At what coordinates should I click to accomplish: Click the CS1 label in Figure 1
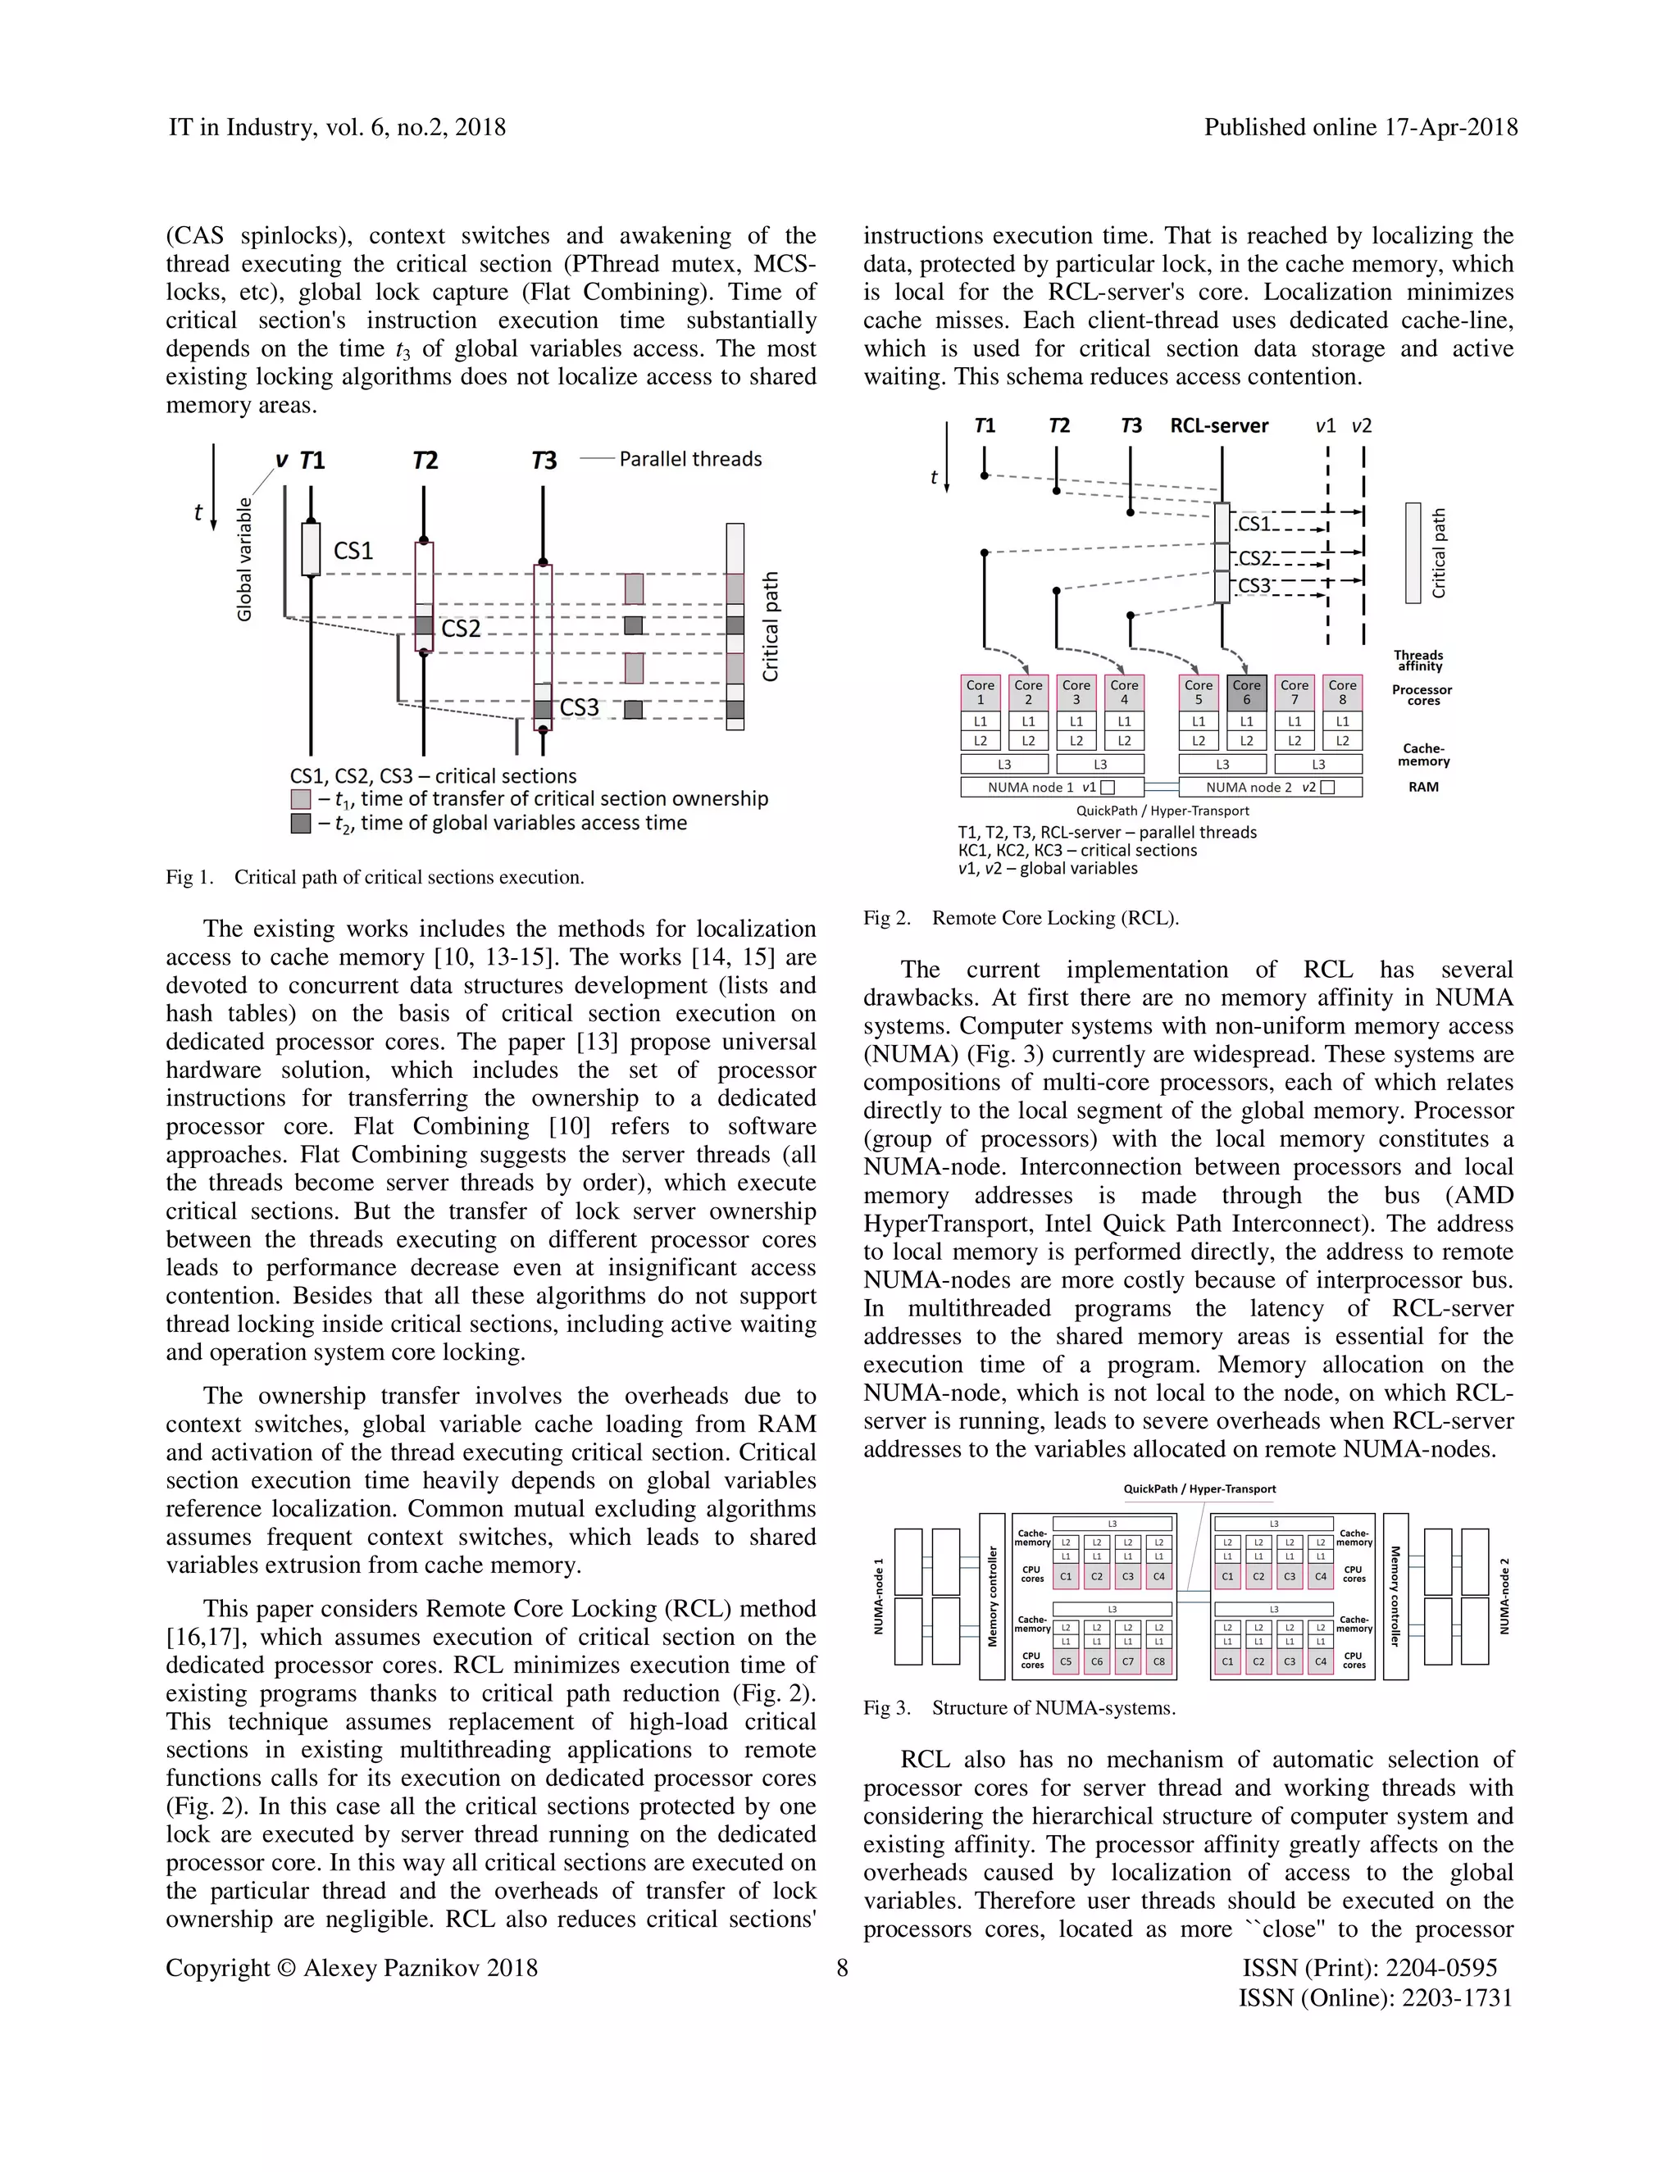coord(353,551)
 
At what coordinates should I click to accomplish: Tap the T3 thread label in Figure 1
coord(543,461)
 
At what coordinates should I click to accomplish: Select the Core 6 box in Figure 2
coord(1246,693)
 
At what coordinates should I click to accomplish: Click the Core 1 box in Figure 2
coord(980,693)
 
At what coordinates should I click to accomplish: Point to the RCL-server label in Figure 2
coord(1218,425)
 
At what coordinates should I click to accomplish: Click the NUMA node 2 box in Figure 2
coord(1269,787)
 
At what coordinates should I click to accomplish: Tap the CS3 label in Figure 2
coord(1254,587)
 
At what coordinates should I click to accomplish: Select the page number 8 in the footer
coord(841,1968)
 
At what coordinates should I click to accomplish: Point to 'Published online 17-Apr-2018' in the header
coord(1360,127)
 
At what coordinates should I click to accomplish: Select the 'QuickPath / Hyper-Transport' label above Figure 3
coord(1199,1488)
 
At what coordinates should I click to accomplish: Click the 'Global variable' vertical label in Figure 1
coord(244,559)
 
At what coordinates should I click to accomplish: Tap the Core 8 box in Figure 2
coord(1342,693)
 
